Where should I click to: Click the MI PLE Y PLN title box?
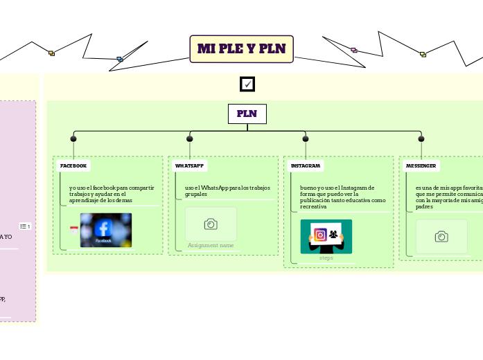point(241,49)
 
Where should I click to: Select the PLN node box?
point(247,114)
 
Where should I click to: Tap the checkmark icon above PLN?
point(247,84)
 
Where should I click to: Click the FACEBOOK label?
point(73,166)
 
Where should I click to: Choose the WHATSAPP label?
point(189,166)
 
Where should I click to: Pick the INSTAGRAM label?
point(305,166)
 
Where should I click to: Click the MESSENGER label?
point(421,166)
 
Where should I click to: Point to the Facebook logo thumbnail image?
point(105,230)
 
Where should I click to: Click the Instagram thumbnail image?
point(326,236)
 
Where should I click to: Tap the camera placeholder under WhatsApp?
point(211,224)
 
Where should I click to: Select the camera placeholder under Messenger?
point(441,237)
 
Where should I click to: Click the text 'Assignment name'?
point(211,246)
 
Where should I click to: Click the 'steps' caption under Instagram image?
point(326,258)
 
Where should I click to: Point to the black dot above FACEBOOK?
point(73,139)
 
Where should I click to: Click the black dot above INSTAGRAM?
point(305,139)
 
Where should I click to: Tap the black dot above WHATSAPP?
point(189,139)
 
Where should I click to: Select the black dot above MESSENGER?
point(421,139)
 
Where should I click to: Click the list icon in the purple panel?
point(24,226)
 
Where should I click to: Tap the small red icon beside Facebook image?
point(73,230)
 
